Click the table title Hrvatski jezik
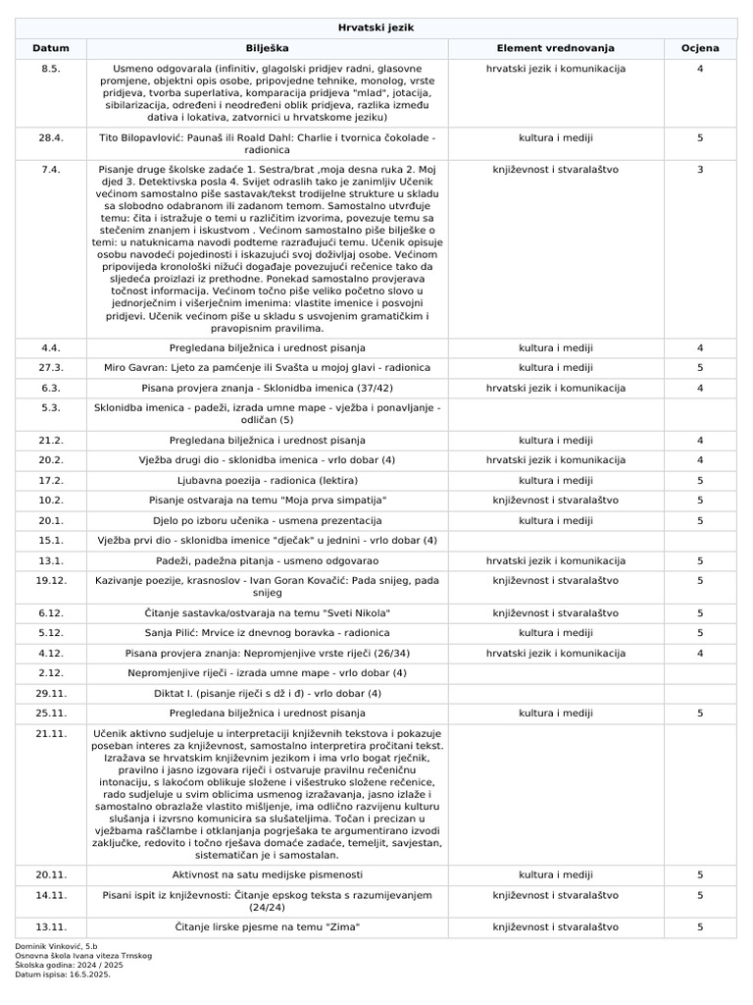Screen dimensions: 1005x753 click(x=376, y=28)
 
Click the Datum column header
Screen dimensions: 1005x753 click(x=51, y=48)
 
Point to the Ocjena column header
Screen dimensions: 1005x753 click(x=700, y=48)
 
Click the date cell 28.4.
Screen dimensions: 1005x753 click(x=51, y=138)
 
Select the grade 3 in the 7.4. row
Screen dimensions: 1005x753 click(x=700, y=170)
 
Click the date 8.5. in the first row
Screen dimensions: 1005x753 click(x=51, y=69)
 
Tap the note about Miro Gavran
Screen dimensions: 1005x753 click(x=267, y=368)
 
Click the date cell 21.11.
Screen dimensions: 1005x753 click(x=51, y=733)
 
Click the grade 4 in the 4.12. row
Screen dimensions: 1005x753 click(x=700, y=653)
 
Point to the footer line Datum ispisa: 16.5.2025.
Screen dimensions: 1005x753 click(x=63, y=975)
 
